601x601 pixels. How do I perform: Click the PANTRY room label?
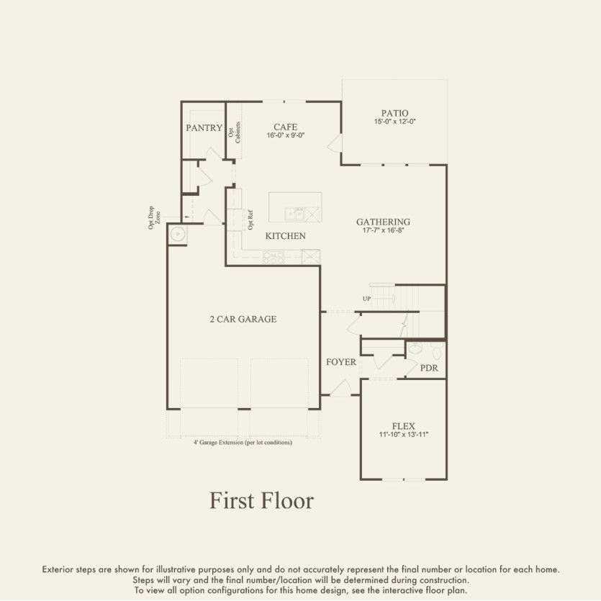(x=204, y=128)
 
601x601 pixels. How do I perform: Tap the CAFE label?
(x=285, y=127)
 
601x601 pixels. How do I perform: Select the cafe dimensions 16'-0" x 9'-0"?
(x=285, y=135)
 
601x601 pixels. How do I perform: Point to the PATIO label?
(x=394, y=113)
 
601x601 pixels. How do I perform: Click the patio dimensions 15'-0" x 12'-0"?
(x=394, y=122)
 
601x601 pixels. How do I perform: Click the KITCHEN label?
(x=285, y=236)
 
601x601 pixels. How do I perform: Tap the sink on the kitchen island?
(x=295, y=214)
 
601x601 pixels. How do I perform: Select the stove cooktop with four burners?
(x=274, y=256)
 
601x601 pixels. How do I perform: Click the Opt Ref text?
(x=250, y=219)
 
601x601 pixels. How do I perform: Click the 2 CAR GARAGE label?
(x=243, y=319)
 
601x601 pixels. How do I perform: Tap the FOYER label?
(x=340, y=362)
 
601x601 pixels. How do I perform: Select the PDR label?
(x=429, y=368)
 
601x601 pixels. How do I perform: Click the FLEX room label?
(x=403, y=426)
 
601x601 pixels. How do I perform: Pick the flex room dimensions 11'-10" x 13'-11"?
(x=403, y=435)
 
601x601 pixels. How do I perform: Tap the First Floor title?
(x=261, y=500)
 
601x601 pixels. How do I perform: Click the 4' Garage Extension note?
(x=243, y=443)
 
